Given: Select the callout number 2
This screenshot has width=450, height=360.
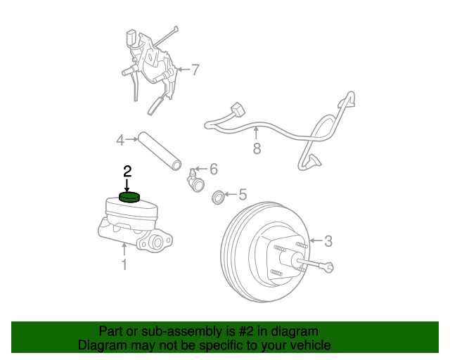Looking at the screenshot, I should pyautogui.click(x=127, y=171).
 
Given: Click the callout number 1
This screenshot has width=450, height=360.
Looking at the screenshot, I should pyautogui.click(x=124, y=264).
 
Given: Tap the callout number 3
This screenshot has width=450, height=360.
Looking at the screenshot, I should pyautogui.click(x=328, y=241).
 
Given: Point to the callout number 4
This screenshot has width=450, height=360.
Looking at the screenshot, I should pyautogui.click(x=120, y=141).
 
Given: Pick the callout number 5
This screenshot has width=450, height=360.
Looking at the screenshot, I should pyautogui.click(x=243, y=194).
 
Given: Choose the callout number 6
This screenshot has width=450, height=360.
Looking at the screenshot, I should pyautogui.click(x=214, y=169).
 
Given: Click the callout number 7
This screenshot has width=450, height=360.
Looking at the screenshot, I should pyautogui.click(x=195, y=70).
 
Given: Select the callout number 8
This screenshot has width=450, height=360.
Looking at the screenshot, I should pyautogui.click(x=257, y=148).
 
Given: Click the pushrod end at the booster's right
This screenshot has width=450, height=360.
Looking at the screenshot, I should pyautogui.click(x=329, y=266).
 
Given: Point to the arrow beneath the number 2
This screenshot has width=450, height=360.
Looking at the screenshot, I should pyautogui.click(x=127, y=185).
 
